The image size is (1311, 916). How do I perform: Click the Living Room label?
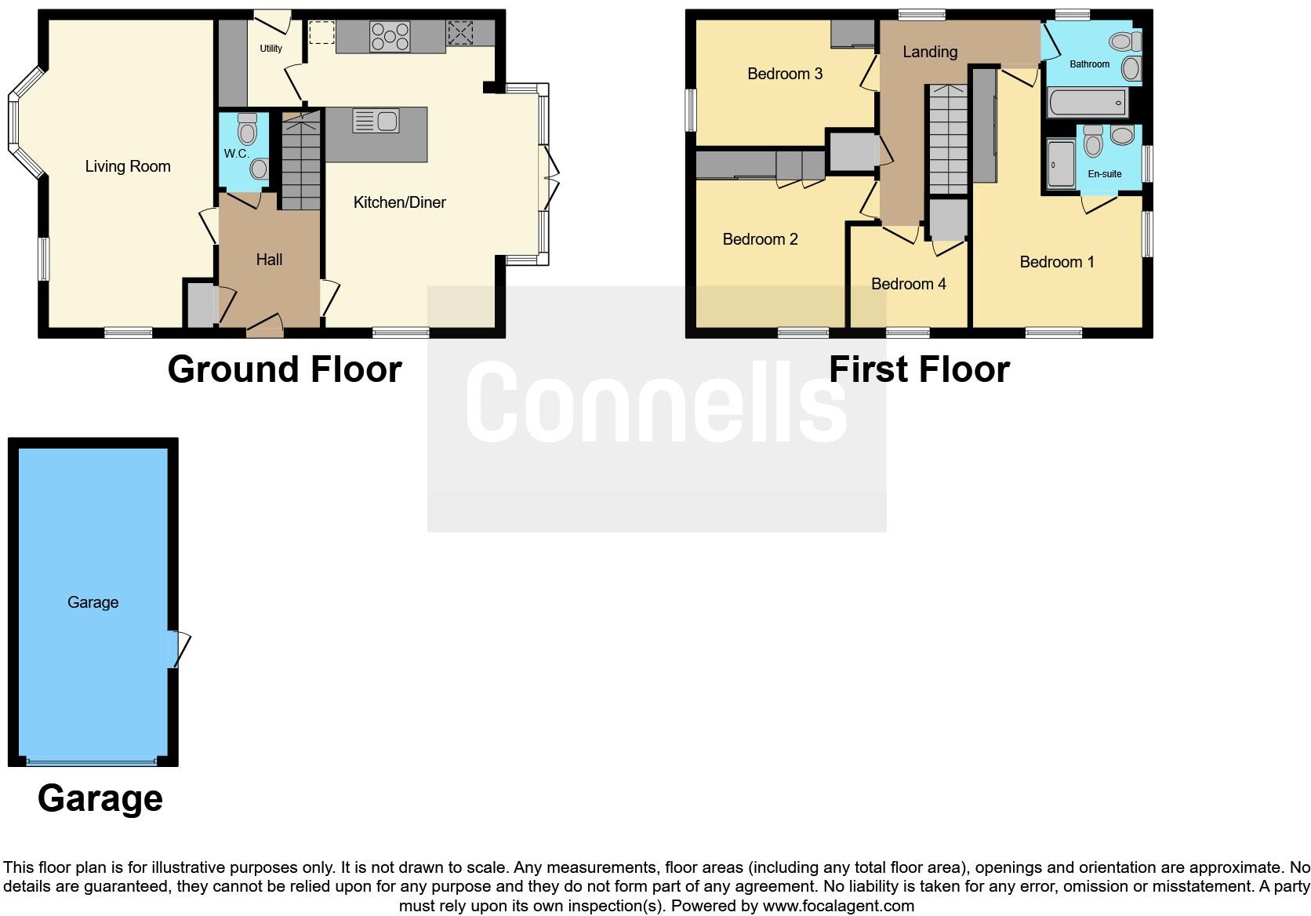coord(128,166)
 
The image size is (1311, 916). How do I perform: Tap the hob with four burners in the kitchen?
coord(390,37)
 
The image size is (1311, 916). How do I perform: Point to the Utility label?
coord(271,49)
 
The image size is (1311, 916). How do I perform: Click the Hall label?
coord(269,260)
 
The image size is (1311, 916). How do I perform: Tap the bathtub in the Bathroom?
coord(1088,103)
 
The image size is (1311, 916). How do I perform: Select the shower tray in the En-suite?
coord(1061,164)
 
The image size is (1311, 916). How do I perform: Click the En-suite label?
coord(1104,174)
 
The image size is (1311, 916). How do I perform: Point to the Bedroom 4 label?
coord(908,284)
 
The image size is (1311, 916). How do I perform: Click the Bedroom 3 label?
coord(785,74)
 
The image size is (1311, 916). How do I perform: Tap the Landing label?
coord(929,52)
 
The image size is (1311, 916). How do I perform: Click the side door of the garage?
coord(180,649)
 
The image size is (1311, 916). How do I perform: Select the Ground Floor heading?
coord(285,369)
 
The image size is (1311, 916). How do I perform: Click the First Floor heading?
coord(919,369)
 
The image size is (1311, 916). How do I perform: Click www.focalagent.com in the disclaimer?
coord(838,906)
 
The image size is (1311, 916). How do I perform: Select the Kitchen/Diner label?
coord(399,202)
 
